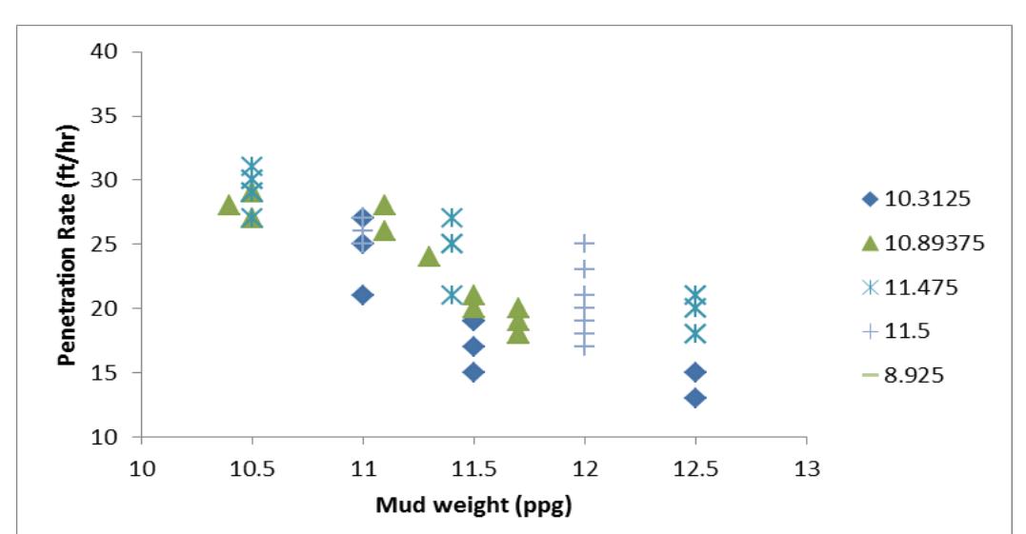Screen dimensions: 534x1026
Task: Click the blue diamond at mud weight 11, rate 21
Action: coord(363,295)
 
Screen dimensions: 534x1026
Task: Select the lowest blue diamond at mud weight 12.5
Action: coord(695,398)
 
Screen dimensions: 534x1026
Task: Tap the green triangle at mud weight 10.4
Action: coord(230,205)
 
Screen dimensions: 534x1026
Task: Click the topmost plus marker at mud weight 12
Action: coord(584,244)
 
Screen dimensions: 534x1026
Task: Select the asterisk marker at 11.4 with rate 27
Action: coord(452,218)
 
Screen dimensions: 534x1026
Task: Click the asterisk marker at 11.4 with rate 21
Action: coord(452,295)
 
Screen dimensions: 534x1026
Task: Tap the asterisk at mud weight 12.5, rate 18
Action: coord(695,333)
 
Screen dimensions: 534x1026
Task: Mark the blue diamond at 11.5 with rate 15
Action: coord(473,371)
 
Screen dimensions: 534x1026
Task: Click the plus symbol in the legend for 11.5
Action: coord(869,331)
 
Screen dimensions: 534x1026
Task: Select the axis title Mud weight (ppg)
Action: coord(473,505)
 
